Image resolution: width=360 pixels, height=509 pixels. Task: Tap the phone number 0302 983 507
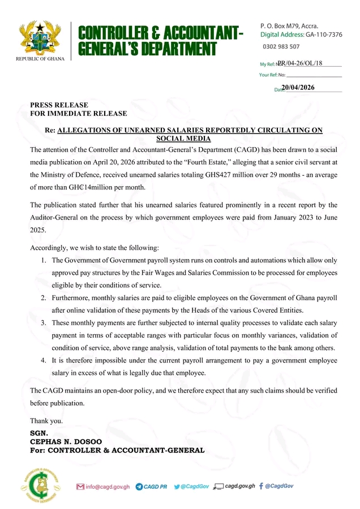[282, 46]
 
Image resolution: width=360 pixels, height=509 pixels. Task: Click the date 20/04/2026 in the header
[298, 88]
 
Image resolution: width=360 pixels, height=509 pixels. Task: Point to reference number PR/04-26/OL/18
[300, 63]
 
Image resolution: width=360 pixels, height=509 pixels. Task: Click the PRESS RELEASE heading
[59, 105]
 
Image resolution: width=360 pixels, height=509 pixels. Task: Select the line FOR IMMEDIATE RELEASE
[78, 114]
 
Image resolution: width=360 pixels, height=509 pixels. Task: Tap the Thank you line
[46, 421]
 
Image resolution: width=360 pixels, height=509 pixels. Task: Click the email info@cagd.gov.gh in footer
[108, 486]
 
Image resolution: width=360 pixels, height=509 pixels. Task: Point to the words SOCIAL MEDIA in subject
[183, 139]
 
